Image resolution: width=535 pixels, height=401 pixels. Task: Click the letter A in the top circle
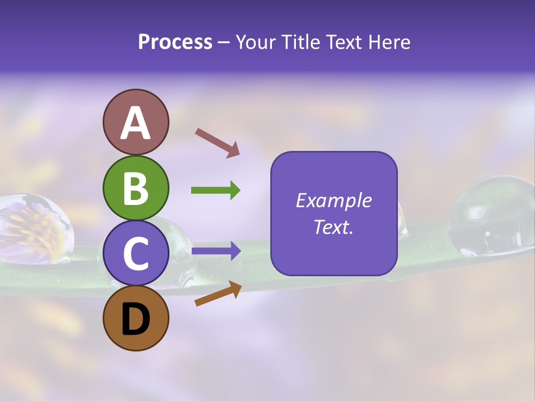(135, 123)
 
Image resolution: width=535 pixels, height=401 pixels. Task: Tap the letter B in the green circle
(135, 188)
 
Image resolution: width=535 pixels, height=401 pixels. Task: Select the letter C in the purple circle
(135, 253)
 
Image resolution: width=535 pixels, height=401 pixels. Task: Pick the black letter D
(135, 319)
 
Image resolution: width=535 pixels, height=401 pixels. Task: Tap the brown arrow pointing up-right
(218, 294)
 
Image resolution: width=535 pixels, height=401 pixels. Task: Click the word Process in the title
(175, 42)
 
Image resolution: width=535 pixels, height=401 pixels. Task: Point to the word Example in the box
(333, 200)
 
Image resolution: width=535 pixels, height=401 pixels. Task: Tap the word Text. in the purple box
(333, 227)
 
